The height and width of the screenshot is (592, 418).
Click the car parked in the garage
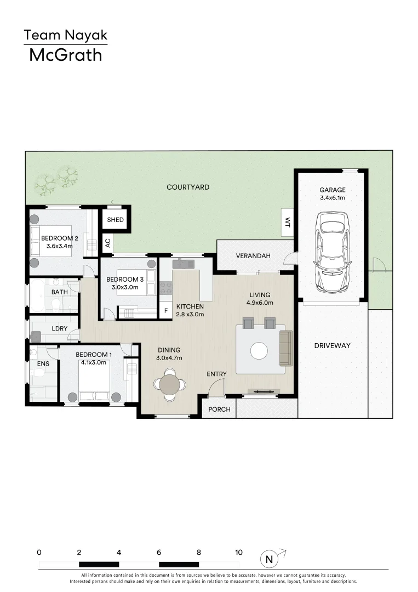(332, 252)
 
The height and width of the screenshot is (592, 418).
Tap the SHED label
(115, 220)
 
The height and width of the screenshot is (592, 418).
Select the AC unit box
(108, 242)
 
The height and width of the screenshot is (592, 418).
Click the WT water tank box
(287, 222)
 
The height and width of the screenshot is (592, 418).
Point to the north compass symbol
(269, 559)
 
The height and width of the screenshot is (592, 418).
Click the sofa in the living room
(286, 348)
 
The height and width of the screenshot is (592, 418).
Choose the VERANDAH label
(251, 256)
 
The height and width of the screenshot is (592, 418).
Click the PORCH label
(220, 409)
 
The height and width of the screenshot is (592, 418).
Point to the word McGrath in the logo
(65, 55)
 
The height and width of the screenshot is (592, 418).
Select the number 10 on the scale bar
(238, 553)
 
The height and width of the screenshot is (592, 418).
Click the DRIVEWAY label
(332, 345)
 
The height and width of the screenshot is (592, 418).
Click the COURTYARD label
(188, 187)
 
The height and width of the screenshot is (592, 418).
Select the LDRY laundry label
(44, 328)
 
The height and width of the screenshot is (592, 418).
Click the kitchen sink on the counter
(184, 264)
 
